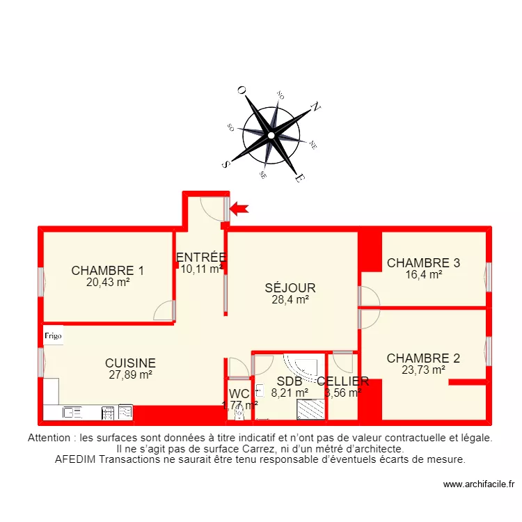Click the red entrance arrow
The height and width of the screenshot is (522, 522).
coord(239,207)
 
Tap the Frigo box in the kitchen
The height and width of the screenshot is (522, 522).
coord(53,335)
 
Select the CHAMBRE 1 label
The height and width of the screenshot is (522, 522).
coord(108,271)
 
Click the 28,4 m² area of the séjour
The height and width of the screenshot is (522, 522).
coord(290,300)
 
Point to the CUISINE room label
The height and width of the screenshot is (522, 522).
coord(130,363)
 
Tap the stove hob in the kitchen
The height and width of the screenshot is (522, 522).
coord(109,412)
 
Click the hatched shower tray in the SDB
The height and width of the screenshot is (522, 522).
coord(311,410)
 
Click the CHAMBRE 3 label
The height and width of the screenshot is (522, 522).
coord(423,263)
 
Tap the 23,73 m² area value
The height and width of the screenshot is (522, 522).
coord(423,370)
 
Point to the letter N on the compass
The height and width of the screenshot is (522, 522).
coord(315,107)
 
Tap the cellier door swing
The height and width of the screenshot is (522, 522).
coord(343,361)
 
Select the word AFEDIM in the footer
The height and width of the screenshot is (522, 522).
coord(76,459)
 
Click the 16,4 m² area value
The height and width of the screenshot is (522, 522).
coord(423,274)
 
